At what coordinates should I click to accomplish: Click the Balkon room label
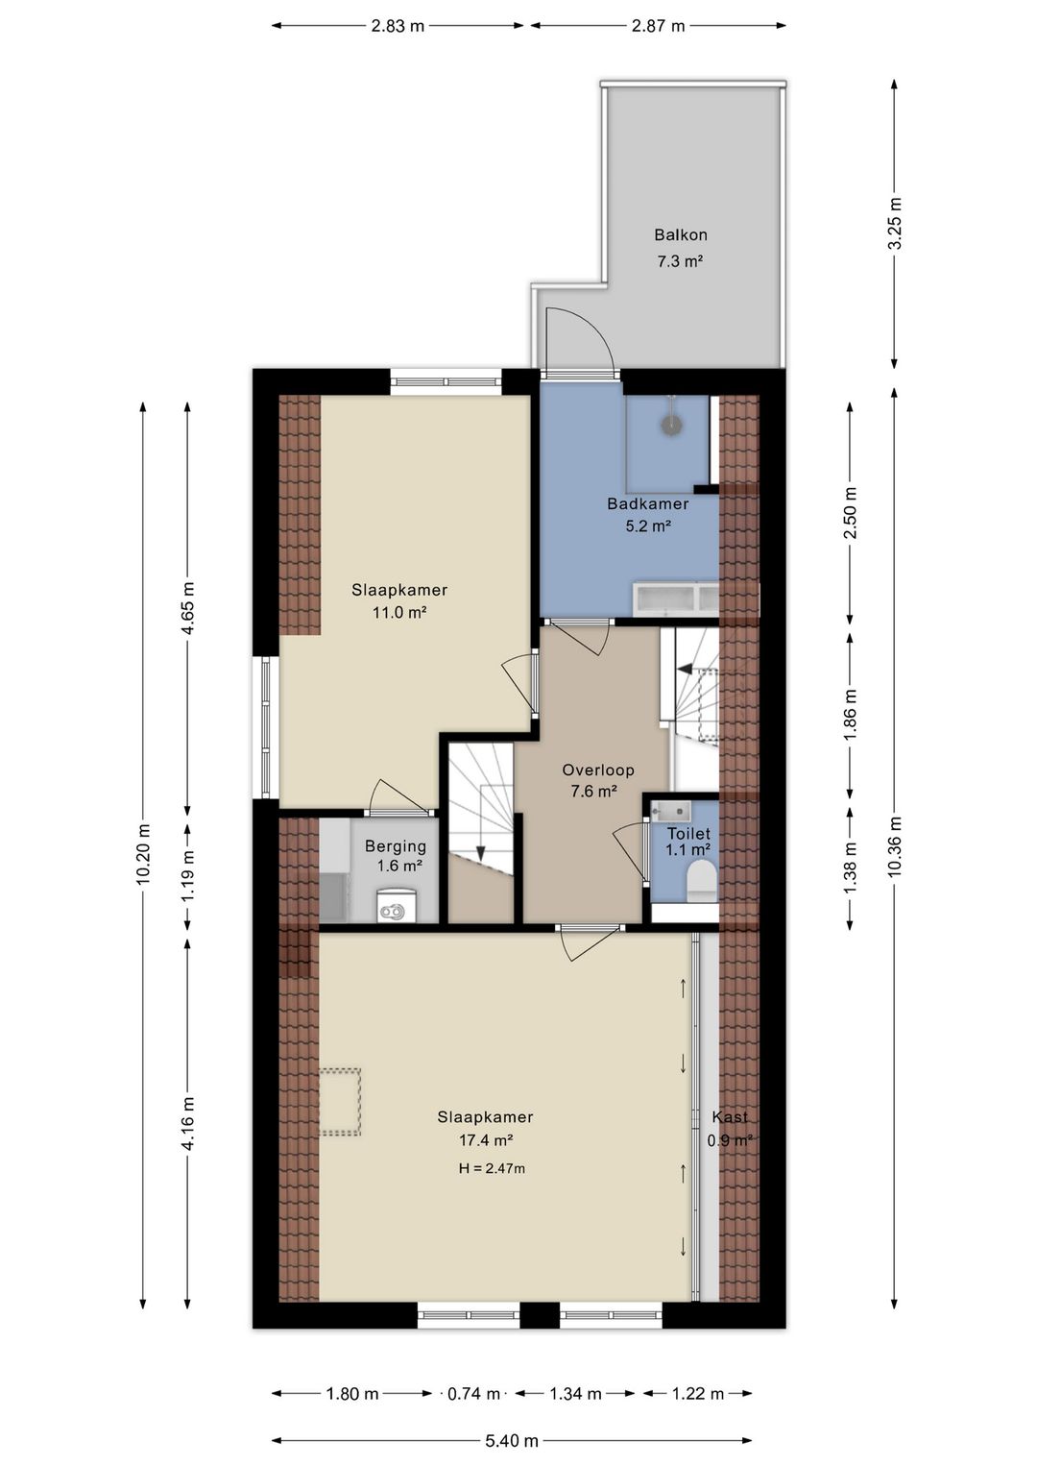pos(681,234)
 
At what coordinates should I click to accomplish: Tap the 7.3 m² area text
pos(680,261)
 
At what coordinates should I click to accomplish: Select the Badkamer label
pos(648,503)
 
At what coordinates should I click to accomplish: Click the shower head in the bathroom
pos(671,424)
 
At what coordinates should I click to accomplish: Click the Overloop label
pos(598,770)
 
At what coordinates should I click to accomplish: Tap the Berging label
pos(396,846)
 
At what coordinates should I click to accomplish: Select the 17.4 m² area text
pos(486,1140)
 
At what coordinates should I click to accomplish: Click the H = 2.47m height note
pos(492,1168)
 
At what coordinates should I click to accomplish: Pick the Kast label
pos(730,1117)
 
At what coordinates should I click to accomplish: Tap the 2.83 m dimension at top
pos(398,26)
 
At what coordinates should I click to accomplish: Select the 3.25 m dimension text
pos(896,223)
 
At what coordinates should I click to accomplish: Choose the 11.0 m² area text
pos(399,613)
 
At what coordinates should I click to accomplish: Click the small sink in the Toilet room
pos(670,812)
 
